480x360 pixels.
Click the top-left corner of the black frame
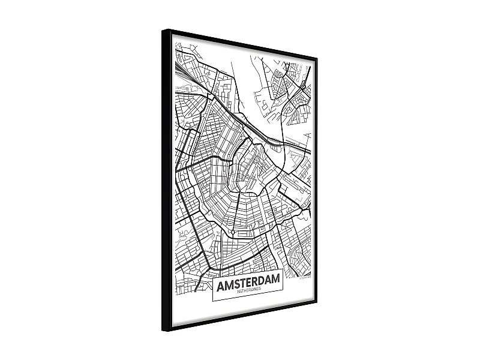point(163,30)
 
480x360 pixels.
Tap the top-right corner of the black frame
point(316,58)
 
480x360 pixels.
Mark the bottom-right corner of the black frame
point(316,301)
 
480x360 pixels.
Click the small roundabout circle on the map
point(232,230)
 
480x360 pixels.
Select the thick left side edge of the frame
point(166,180)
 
